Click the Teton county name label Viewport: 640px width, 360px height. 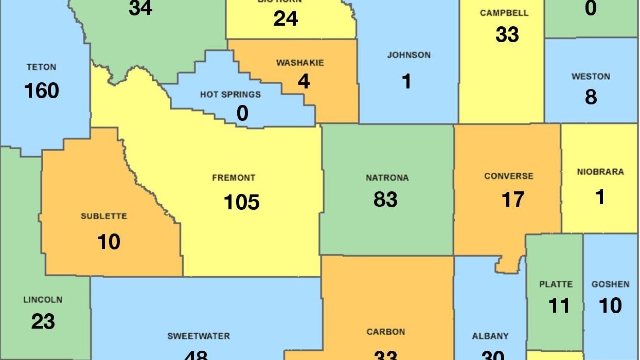pos(42,67)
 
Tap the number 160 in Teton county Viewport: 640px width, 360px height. pos(42,91)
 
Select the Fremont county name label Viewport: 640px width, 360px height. pos(234,178)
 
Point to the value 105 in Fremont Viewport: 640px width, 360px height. pos(241,202)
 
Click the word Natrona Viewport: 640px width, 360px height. pos(387,178)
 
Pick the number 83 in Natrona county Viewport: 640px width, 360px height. pos(385,200)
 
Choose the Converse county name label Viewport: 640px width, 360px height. pos(509,176)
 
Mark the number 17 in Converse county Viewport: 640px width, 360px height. pos(512,200)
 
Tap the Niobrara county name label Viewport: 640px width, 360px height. pos(600,172)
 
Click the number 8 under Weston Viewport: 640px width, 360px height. pos(591,97)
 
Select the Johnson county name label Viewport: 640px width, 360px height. pos(409,55)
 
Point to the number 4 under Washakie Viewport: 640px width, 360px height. pos(304,81)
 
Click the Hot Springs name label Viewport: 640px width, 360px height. pos(230,95)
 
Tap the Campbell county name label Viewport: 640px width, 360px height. pos(504,13)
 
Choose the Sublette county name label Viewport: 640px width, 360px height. pos(104,217)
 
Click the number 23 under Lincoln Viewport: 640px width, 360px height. pos(43,322)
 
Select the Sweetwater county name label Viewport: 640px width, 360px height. pos(199,336)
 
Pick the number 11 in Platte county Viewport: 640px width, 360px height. pos(559,305)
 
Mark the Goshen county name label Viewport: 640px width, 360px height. pos(610,284)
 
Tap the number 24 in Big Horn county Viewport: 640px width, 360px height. pos(286,19)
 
